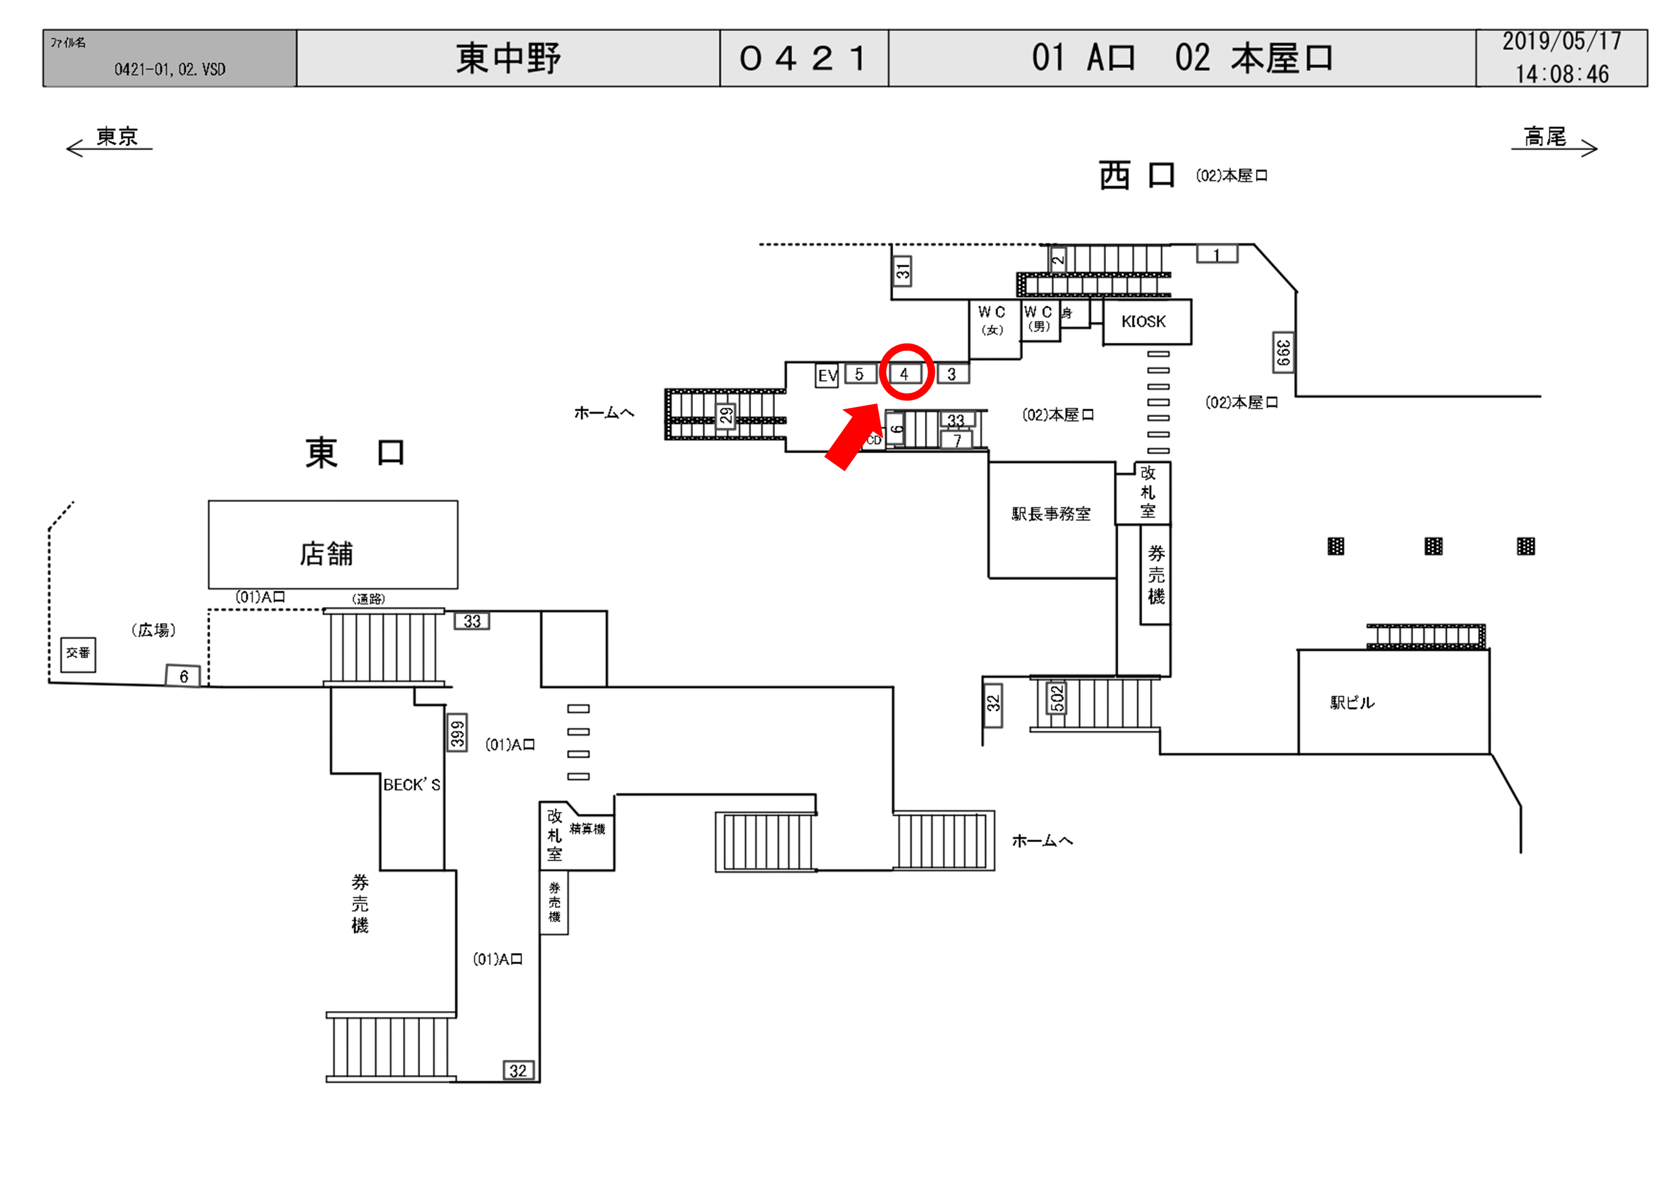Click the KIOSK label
(1143, 322)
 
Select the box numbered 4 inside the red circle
(904, 374)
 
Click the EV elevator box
(826, 376)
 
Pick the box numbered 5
(860, 374)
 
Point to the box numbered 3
(952, 374)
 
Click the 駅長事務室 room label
(1051, 514)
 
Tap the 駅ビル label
(1352, 703)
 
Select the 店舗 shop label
(326, 554)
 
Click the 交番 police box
(78, 653)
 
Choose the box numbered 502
(1057, 698)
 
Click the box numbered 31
(903, 272)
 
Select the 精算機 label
(587, 829)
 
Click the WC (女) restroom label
(992, 320)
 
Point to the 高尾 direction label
(1545, 137)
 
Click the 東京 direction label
(117, 137)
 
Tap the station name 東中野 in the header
(508, 59)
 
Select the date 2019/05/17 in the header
(1561, 41)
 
